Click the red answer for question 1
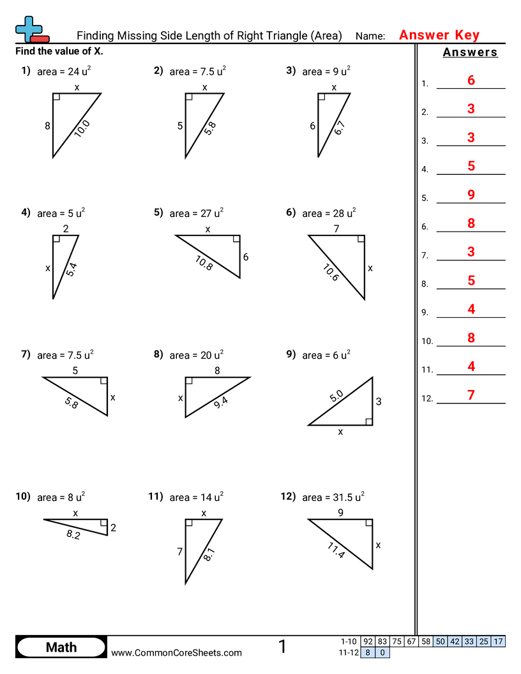[471, 80]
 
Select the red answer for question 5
[471, 195]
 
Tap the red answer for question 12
[471, 395]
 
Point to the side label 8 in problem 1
[47, 126]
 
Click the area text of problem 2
[197, 71]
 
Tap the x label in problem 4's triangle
[47, 269]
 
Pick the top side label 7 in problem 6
[336, 228]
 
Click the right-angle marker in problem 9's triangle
[369, 421]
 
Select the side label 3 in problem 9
[379, 401]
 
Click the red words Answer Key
[439, 35]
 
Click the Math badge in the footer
[61, 648]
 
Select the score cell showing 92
[368, 641]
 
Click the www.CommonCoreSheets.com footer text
[176, 652]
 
